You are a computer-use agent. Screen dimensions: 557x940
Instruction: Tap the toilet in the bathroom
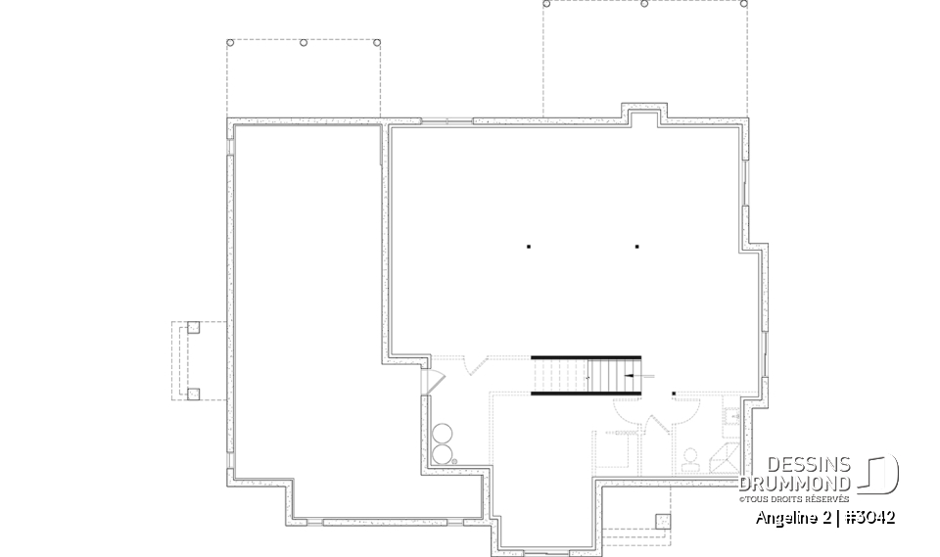689,457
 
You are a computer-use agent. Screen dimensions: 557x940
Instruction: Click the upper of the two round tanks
444,434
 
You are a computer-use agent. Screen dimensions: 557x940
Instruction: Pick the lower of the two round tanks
444,453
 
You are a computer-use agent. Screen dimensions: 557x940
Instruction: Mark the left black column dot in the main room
529,247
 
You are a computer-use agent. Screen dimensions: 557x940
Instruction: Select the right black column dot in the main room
636,247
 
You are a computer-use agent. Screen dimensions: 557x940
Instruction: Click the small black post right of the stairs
674,395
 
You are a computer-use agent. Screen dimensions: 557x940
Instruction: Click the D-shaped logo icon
883,473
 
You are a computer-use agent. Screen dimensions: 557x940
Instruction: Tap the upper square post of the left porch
193,328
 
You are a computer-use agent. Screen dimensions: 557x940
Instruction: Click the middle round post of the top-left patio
304,43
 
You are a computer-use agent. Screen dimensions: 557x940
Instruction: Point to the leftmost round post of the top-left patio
229,43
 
